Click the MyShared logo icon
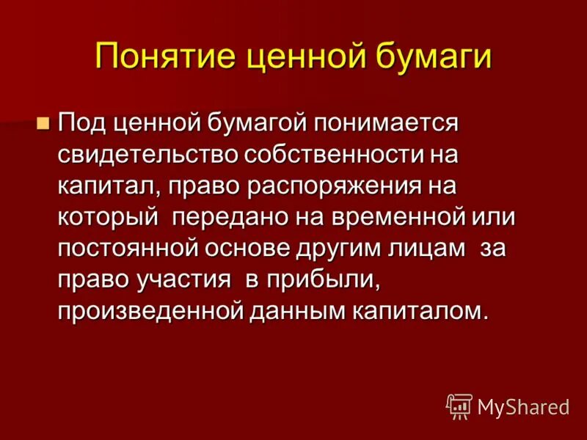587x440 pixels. pyautogui.click(x=459, y=405)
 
